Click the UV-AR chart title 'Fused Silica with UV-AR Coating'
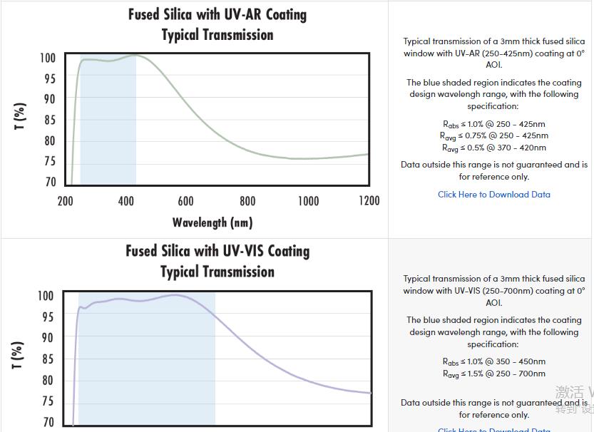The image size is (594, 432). click(217, 14)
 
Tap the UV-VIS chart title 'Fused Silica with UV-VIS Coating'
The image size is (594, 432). click(217, 251)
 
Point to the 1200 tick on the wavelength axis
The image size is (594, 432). click(369, 201)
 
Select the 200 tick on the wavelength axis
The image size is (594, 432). click(65, 201)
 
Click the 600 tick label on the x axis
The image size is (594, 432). click(186, 201)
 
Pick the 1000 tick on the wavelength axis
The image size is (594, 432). click(308, 201)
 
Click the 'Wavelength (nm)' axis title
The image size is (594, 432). click(212, 222)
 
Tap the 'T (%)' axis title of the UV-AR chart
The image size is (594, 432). click(20, 116)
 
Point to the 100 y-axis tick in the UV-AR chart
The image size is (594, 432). click(47, 58)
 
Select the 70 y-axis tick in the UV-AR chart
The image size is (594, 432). click(49, 182)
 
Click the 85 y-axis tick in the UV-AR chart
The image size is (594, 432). click(49, 120)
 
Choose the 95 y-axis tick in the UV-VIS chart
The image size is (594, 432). click(47, 317)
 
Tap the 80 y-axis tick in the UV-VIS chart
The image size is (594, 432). click(47, 380)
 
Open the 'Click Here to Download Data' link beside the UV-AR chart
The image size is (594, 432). click(494, 194)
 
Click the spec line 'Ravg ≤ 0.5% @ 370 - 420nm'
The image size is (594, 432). click(494, 148)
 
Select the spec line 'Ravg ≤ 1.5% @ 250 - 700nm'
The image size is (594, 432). click(494, 374)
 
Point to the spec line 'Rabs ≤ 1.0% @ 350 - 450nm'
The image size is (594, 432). click(494, 361)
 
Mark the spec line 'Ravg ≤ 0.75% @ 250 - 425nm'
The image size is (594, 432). click(494, 135)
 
